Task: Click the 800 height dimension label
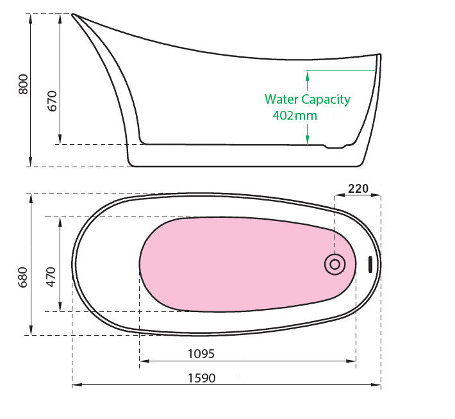pos(23,85)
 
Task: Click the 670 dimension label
pos(53,101)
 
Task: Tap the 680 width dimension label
pos(23,277)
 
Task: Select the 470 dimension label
pos(51,277)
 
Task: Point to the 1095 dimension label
pos(201,354)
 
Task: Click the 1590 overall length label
pos(202,378)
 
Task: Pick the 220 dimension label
pos(358,188)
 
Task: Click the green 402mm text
pos(295,115)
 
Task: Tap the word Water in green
pos(281,99)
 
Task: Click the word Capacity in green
pos(326,100)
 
